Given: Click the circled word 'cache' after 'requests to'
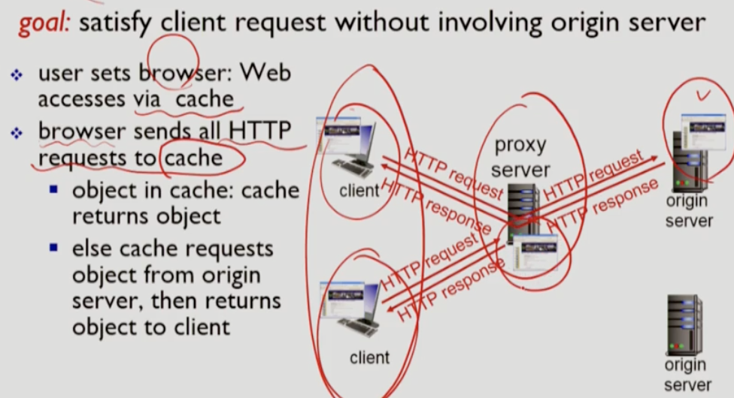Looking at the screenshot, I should [x=195, y=158].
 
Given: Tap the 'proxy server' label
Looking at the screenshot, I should [x=520, y=157].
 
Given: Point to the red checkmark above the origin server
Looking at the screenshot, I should [x=704, y=95].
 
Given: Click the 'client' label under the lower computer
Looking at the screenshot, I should [x=370, y=357].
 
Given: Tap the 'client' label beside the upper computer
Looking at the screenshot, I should [x=359, y=191].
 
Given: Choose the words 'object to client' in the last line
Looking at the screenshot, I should [x=151, y=327].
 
